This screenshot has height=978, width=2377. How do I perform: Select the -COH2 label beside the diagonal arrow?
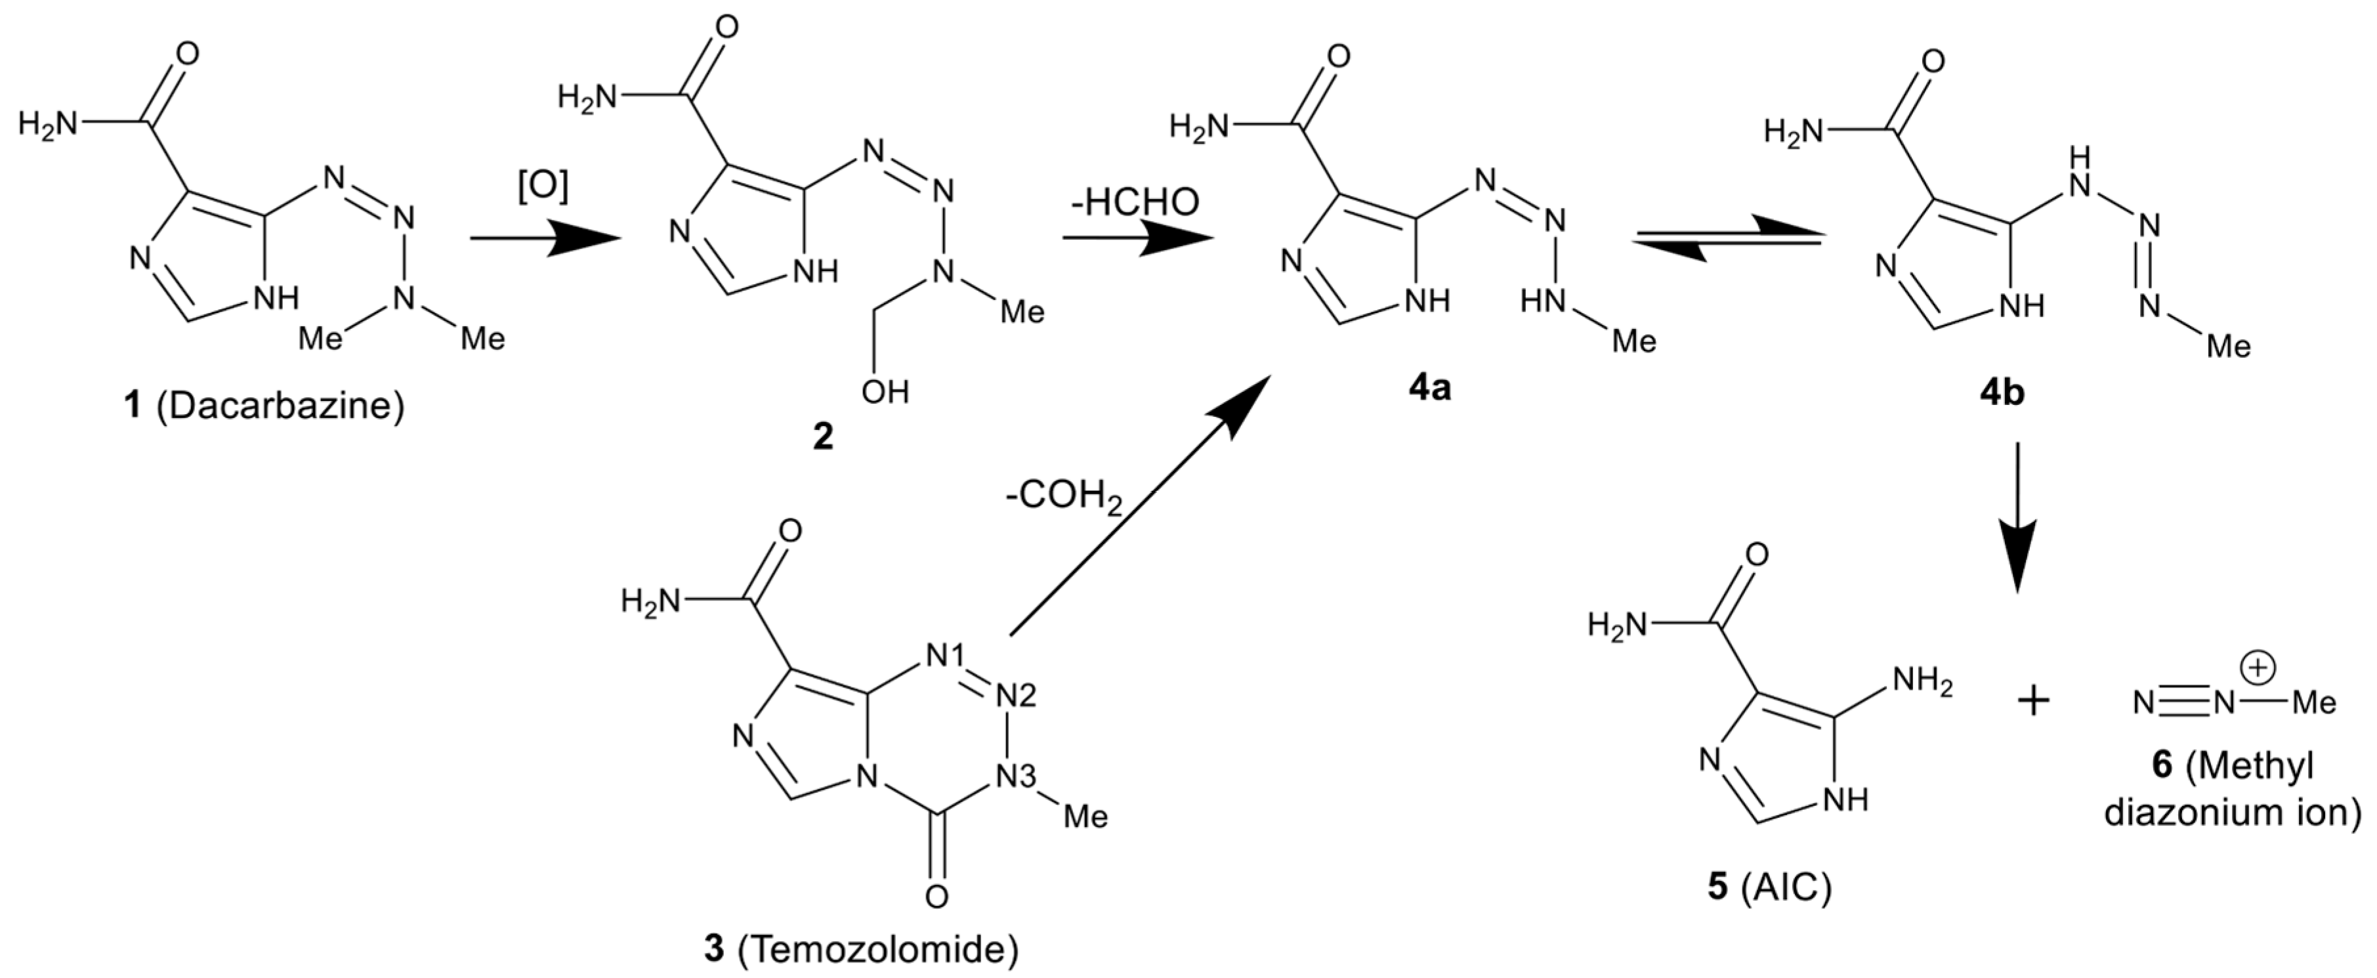click(x=1064, y=498)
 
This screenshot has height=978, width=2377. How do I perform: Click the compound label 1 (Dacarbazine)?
click(x=264, y=406)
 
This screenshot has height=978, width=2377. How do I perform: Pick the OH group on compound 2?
click(x=884, y=391)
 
